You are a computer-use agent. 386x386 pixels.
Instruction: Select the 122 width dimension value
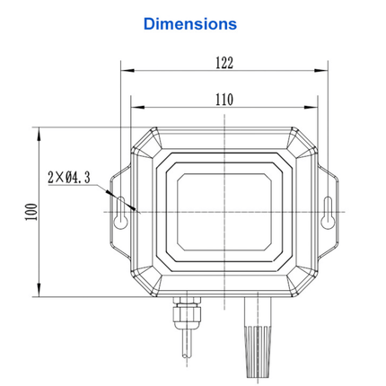224,63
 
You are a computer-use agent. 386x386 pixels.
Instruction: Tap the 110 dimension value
224,99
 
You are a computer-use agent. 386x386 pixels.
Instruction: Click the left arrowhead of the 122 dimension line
126,71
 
